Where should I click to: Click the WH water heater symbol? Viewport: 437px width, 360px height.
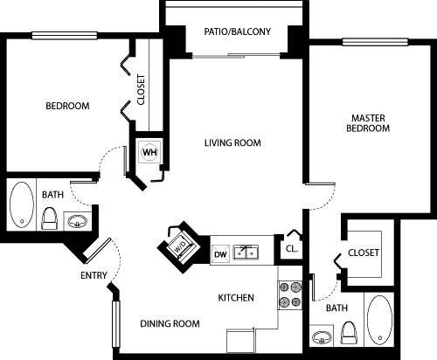(149, 150)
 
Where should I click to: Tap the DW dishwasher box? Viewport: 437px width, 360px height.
(221, 253)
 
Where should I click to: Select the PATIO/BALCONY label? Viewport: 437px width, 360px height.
(237, 32)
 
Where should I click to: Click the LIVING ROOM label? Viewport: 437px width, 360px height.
(232, 143)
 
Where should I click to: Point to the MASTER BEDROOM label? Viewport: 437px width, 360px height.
(370, 122)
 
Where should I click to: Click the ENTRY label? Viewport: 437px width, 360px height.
(94, 276)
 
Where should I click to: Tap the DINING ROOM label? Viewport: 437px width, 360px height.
(170, 323)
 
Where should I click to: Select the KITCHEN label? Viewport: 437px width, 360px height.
(236, 298)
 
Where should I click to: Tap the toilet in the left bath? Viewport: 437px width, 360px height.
(50, 217)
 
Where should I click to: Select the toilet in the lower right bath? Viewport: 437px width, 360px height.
(350, 333)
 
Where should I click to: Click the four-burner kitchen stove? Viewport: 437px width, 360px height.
(289, 295)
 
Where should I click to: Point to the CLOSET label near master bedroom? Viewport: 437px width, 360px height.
(364, 253)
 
